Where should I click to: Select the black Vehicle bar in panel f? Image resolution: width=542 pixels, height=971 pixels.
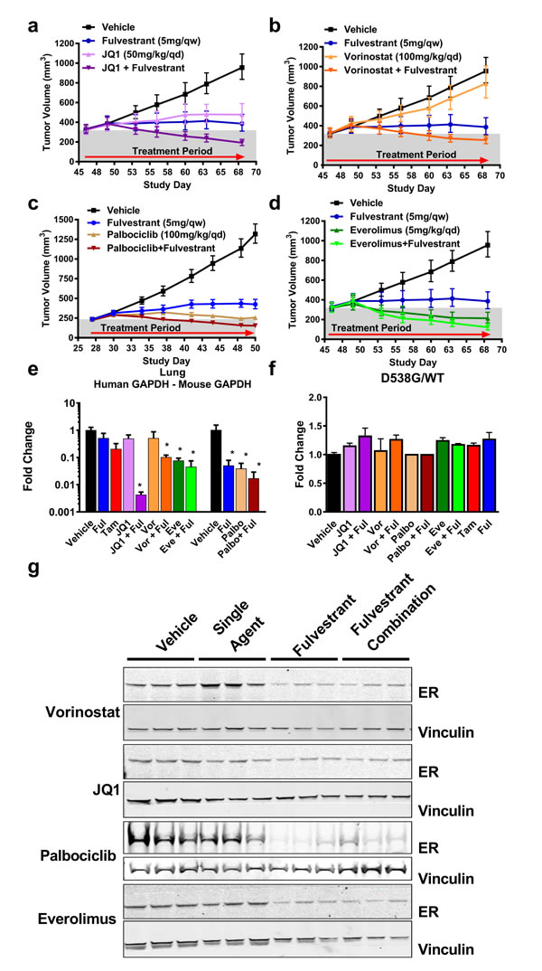(x=310, y=483)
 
